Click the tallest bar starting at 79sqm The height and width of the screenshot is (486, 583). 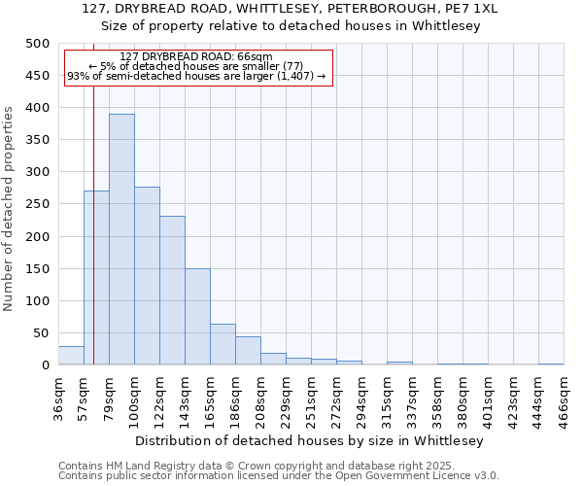pyautogui.click(x=121, y=239)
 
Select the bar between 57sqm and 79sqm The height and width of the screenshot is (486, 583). pyautogui.click(x=96, y=278)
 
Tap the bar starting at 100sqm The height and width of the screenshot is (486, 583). pyautogui.click(x=147, y=276)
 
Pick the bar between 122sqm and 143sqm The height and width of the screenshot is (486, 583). pyautogui.click(x=172, y=291)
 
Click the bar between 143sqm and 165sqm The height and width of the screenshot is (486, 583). pyautogui.click(x=197, y=317)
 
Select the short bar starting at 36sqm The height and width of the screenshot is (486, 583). pyautogui.click(x=71, y=356)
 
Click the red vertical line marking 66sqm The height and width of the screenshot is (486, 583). pyautogui.click(x=93, y=214)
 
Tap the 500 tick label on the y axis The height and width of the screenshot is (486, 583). pyautogui.click(x=37, y=44)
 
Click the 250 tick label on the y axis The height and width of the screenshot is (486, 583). pyautogui.click(x=37, y=204)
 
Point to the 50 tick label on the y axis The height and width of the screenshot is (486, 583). pyautogui.click(x=40, y=333)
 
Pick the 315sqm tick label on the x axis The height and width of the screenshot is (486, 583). pyautogui.click(x=387, y=397)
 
